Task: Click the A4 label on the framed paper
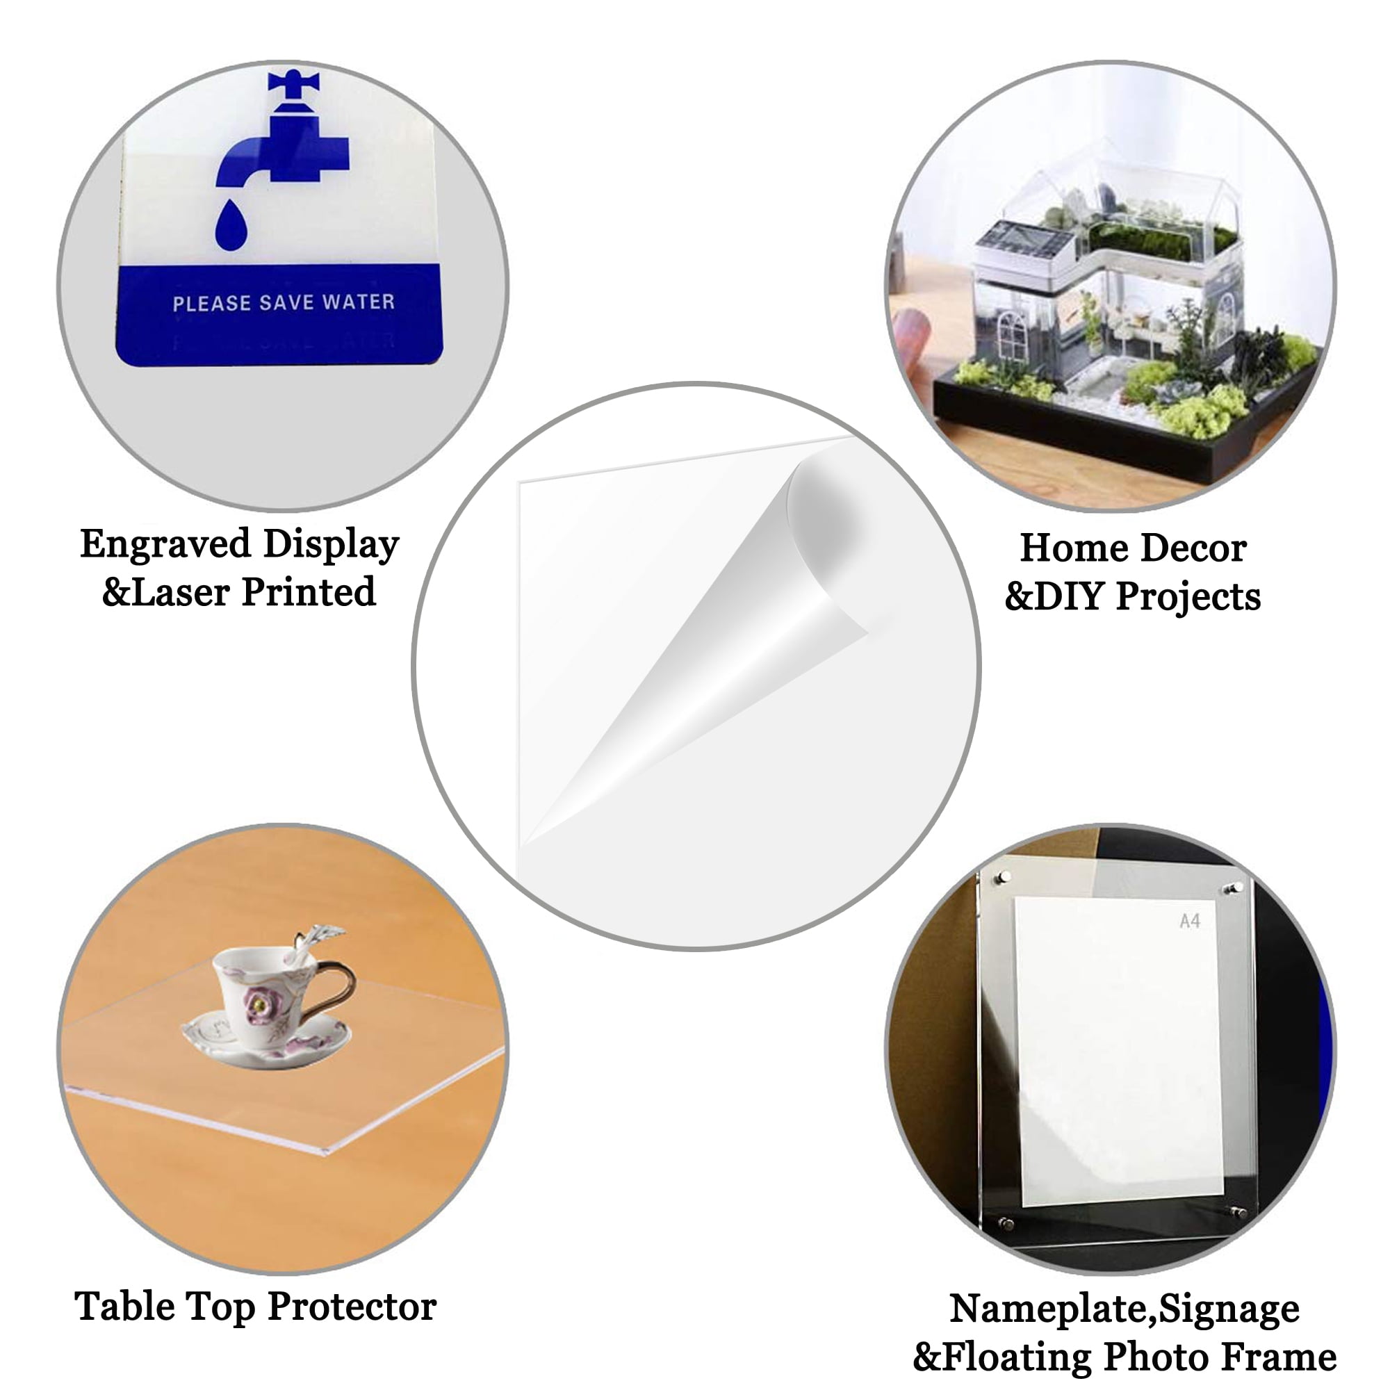[x=1189, y=921]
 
